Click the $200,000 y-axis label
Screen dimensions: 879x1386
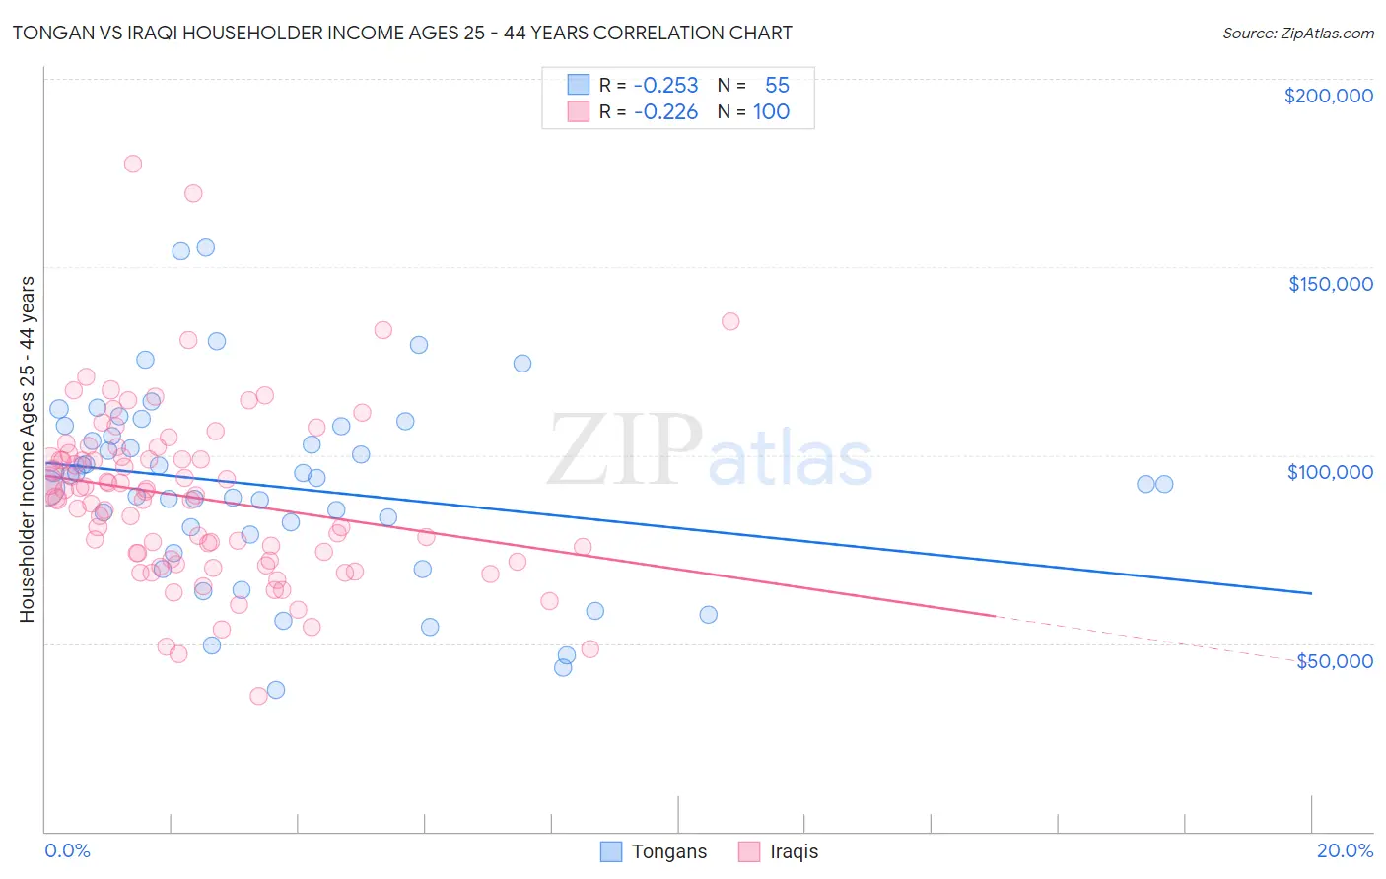click(1328, 96)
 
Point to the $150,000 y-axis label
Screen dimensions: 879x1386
click(1330, 284)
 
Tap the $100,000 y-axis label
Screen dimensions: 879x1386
click(1330, 472)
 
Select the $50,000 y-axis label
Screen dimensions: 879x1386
click(1334, 661)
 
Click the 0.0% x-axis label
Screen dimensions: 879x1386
click(67, 850)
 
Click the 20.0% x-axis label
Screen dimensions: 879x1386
click(1345, 850)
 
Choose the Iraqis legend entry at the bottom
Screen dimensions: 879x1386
click(779, 851)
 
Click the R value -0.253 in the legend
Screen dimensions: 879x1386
click(665, 85)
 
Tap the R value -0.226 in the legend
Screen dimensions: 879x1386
click(665, 111)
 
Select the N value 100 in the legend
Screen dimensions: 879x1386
click(771, 111)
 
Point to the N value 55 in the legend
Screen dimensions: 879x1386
click(777, 85)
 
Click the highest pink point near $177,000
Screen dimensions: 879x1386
click(132, 164)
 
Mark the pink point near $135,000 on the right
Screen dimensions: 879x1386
click(730, 321)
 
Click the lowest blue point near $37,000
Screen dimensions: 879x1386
click(276, 690)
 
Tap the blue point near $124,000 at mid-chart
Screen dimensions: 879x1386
click(522, 364)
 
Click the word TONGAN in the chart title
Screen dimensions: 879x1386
click(47, 34)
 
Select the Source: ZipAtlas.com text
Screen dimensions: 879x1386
click(1297, 34)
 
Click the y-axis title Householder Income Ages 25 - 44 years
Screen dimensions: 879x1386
click(28, 449)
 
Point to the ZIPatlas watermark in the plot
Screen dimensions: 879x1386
click(710, 451)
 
